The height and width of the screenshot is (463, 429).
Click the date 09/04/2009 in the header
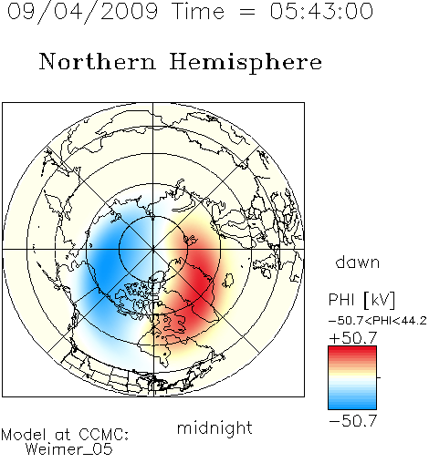point(82,12)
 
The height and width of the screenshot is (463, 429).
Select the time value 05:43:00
point(321,11)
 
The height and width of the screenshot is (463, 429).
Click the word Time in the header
point(198,11)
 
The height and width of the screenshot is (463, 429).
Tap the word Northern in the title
point(98,61)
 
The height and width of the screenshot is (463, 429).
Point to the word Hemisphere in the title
point(246,63)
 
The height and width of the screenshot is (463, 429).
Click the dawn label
point(358,262)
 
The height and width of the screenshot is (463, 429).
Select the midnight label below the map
point(214,428)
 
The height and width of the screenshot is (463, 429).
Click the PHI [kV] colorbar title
point(361,300)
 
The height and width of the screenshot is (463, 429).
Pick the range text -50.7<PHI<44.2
point(378,321)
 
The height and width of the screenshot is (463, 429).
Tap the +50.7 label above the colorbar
point(353,338)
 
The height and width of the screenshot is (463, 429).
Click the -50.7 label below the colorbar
point(353,421)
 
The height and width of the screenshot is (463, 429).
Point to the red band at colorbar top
point(352,350)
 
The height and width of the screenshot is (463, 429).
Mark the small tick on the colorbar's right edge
point(379,377)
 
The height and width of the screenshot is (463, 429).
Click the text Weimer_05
point(69,448)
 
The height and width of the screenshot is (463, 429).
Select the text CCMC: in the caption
point(104,435)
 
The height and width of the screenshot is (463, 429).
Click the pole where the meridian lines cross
point(153,249)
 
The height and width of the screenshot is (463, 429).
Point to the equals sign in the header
point(247,12)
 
